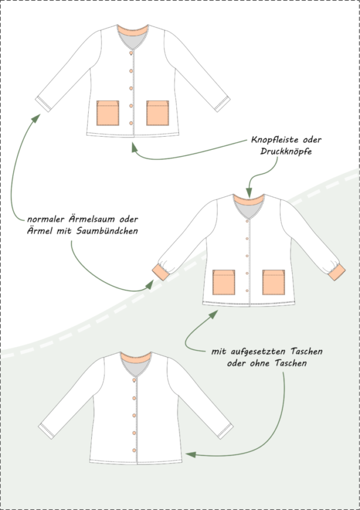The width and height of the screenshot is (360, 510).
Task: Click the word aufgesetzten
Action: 259,352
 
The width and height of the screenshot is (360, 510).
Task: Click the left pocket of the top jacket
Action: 107,113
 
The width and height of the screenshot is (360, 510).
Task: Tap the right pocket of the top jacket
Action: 157,113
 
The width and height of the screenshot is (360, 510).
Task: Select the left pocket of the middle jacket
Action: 224,283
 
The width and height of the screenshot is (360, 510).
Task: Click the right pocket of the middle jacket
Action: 274,283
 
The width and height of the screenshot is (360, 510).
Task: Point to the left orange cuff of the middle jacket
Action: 161,272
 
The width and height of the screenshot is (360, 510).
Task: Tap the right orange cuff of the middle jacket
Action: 337,272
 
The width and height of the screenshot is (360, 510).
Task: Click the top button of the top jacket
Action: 131,53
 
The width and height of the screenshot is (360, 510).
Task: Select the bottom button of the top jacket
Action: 131,123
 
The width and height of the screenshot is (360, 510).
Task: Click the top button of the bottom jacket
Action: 134,380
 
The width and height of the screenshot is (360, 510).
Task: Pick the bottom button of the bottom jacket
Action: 134,450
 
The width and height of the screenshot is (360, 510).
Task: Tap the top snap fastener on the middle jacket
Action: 247,221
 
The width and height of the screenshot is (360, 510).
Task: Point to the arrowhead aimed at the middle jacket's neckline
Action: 249,192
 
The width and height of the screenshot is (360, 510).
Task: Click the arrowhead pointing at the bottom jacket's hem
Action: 191,454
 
